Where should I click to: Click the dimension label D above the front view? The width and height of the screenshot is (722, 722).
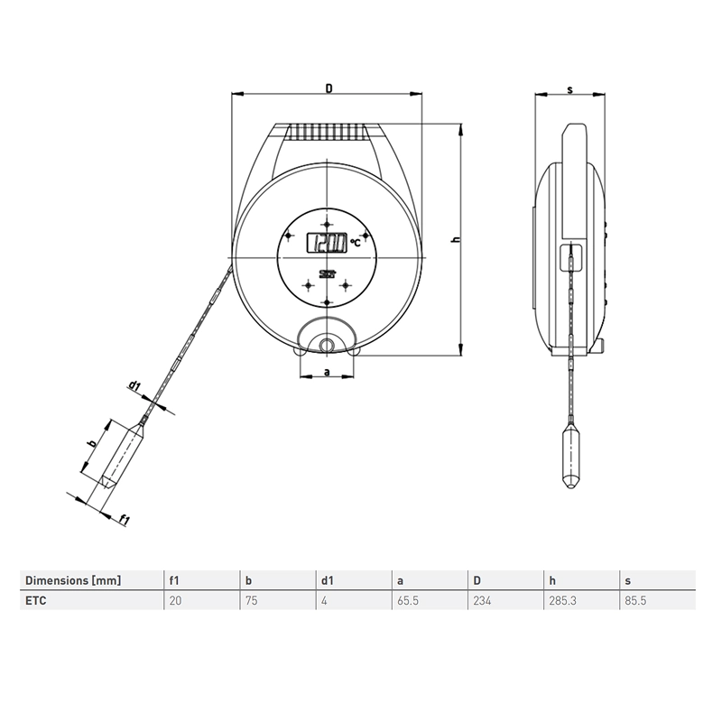329,88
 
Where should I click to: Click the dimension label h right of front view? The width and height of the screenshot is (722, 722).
457,240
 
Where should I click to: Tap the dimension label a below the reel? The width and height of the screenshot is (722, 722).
325,371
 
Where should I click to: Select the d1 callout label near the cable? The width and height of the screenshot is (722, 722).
134,385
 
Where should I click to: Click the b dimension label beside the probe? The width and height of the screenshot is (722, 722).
90,443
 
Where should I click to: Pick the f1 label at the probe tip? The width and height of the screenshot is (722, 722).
125,518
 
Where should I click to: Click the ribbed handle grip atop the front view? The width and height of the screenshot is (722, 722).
329,132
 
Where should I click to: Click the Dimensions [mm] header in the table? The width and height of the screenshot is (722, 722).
72,579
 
